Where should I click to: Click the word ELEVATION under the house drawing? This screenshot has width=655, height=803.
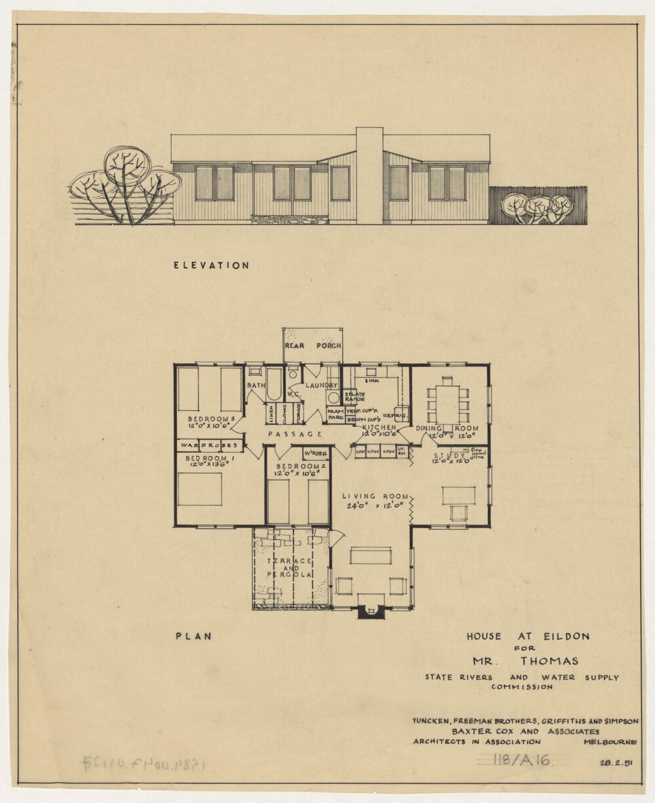211,265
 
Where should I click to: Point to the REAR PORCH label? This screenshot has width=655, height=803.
313,345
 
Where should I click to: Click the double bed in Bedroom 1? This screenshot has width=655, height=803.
199,489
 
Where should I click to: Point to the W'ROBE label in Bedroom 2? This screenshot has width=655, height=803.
315,454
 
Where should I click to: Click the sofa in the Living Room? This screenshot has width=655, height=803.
370,556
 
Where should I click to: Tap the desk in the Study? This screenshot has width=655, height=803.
458,495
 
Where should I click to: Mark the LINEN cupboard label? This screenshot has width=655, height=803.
269,414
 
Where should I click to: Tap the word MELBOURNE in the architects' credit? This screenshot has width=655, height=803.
610,741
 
